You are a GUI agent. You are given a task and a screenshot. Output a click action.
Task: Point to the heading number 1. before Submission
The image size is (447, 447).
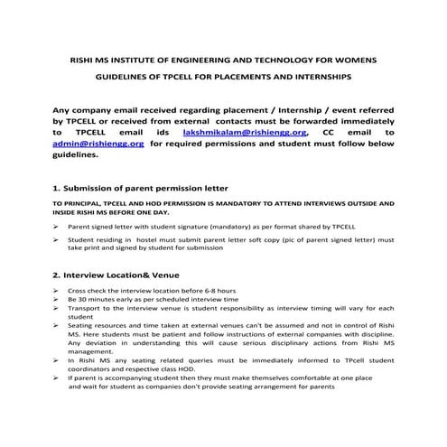57,189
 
